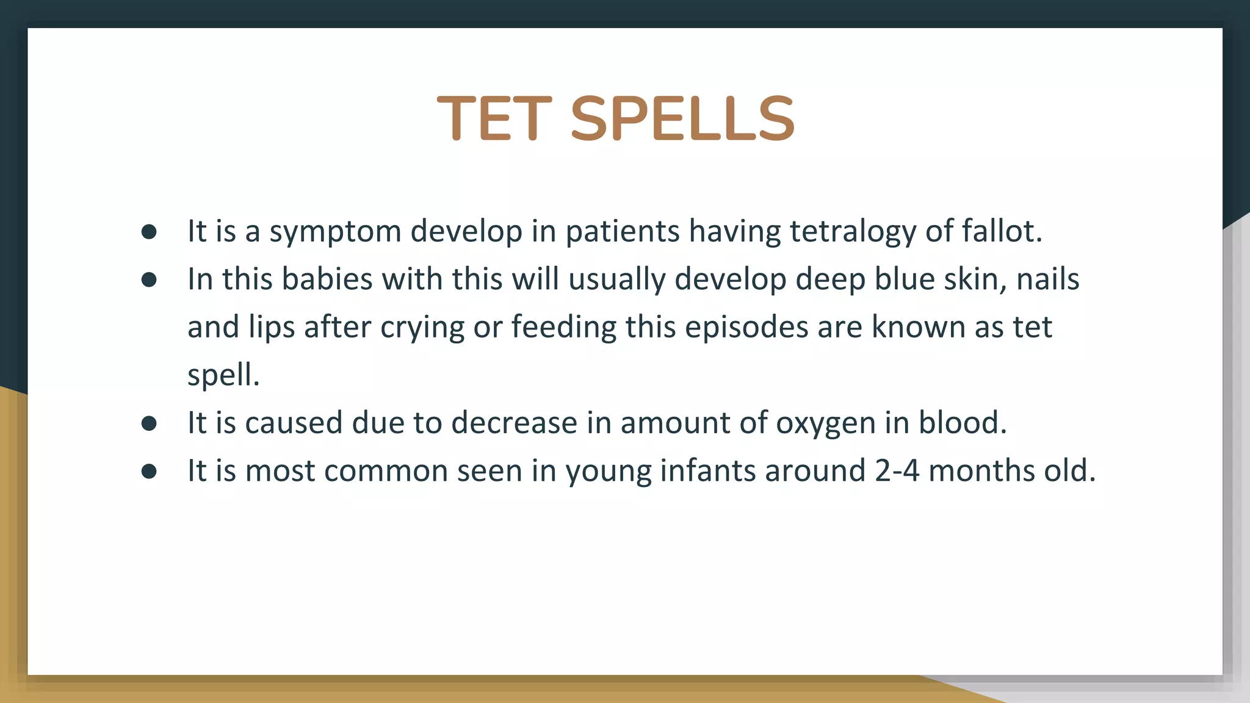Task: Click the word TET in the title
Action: (x=494, y=118)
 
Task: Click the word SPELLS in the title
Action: (x=682, y=118)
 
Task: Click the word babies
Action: (x=327, y=279)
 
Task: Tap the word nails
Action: (x=1047, y=279)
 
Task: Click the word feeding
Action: (x=564, y=328)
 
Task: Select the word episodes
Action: (x=746, y=328)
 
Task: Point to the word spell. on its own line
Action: (x=223, y=375)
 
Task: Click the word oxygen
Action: (x=826, y=424)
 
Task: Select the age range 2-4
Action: (x=897, y=471)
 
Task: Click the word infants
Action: (x=707, y=471)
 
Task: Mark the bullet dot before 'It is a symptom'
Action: (x=149, y=232)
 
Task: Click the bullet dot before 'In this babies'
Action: (x=149, y=280)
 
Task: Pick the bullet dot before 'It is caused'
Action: (x=149, y=424)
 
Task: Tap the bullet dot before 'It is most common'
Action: (x=149, y=471)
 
